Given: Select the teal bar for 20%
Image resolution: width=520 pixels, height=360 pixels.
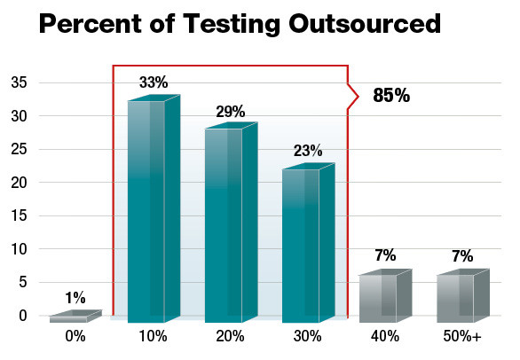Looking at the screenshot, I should pos(224,225).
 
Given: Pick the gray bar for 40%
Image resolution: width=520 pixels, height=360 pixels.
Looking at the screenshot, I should pos(378,298).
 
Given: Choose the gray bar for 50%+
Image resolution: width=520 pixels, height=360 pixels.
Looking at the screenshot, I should pos(454,298).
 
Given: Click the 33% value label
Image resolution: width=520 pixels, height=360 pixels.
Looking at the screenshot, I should pos(154,83).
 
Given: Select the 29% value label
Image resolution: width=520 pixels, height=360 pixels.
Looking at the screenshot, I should pos(231,112).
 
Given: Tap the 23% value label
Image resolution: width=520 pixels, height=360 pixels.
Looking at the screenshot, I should pos(308,152).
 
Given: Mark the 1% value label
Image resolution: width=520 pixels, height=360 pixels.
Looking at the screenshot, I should pos(75,298).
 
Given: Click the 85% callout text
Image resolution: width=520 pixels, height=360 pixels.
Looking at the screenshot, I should pos(391,96).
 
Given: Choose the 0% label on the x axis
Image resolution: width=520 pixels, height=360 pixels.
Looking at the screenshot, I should pos(75,338).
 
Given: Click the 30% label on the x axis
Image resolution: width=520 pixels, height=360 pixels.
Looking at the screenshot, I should pos(306,338).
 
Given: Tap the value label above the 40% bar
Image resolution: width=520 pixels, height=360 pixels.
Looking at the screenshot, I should pos(384,256).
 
